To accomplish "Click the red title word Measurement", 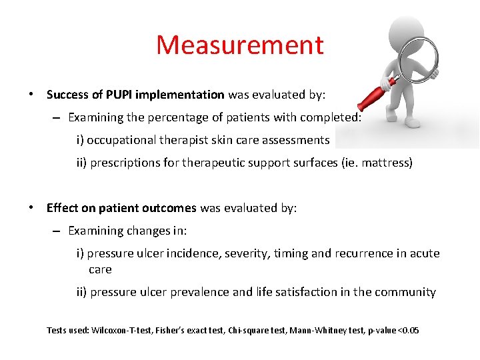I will pyautogui.click(x=240, y=45).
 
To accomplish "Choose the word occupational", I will pyautogui.click(x=122, y=140).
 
